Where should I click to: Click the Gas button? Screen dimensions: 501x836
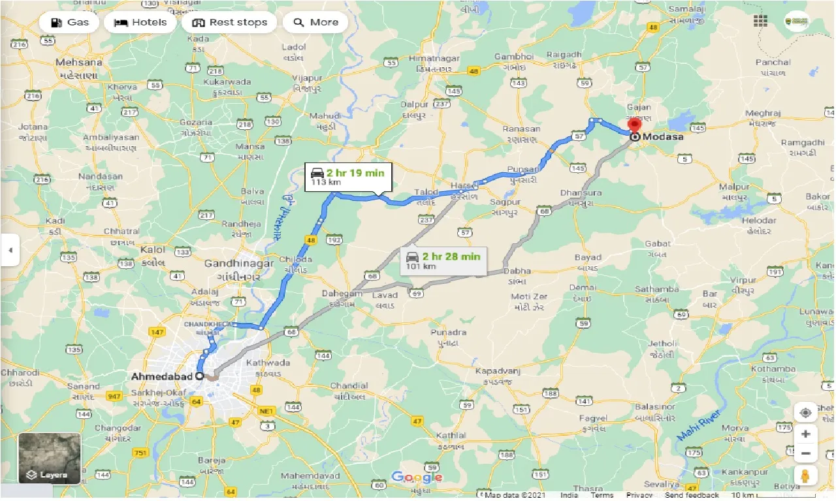pos(69,22)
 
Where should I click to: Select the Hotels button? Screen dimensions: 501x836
pos(140,22)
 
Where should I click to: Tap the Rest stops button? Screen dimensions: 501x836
pos(229,22)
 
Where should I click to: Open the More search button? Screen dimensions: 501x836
pos(315,22)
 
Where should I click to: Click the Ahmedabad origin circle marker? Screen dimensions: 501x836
pos(199,376)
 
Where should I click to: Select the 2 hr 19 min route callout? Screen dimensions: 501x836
pos(348,177)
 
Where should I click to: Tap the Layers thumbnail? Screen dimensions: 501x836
pos(50,459)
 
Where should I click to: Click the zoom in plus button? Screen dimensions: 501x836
pos(805,434)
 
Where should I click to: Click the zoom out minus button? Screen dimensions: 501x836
pos(805,453)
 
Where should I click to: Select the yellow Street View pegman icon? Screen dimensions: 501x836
pos(805,475)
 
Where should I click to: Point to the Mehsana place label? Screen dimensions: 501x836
pos(79,63)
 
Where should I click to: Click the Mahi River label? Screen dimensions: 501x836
pos(698,425)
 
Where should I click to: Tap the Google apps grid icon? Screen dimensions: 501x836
pos(760,22)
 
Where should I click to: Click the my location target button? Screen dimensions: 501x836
pos(805,412)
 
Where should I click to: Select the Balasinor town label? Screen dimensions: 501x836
pos(656,406)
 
